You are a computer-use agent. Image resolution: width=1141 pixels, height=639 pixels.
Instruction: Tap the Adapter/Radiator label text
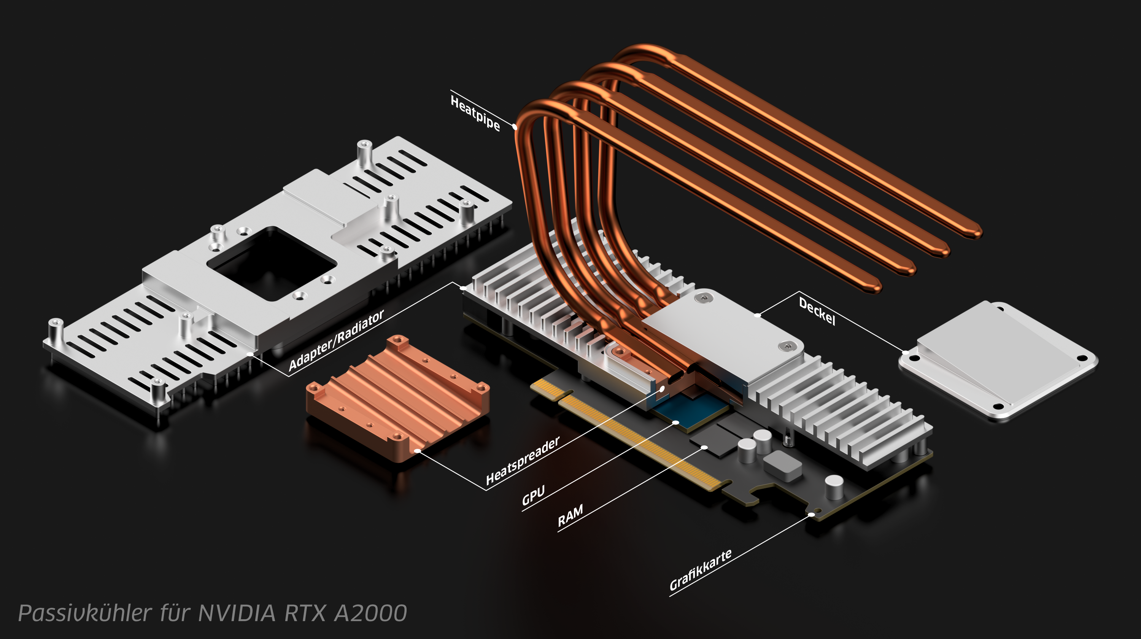tap(336, 340)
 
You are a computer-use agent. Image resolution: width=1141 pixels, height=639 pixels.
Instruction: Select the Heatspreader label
tap(523, 461)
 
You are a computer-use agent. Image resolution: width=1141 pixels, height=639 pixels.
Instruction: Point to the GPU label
tap(533, 496)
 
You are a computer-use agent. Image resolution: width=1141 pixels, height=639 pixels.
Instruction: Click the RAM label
tap(570, 515)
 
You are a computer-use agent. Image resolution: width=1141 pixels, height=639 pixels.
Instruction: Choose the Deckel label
tap(817, 311)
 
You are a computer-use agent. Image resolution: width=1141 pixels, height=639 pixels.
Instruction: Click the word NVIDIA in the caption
tap(237, 613)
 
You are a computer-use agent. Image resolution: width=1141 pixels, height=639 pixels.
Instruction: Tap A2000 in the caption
tap(370, 613)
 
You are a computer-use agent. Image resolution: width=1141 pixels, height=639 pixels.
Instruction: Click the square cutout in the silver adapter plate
tap(272, 263)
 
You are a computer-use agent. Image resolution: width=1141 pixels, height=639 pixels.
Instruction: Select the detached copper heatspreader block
tap(398, 399)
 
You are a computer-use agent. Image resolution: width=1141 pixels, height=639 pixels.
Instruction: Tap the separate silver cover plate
tap(998, 361)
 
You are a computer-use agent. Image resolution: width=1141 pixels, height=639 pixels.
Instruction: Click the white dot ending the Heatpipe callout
tap(515, 127)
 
